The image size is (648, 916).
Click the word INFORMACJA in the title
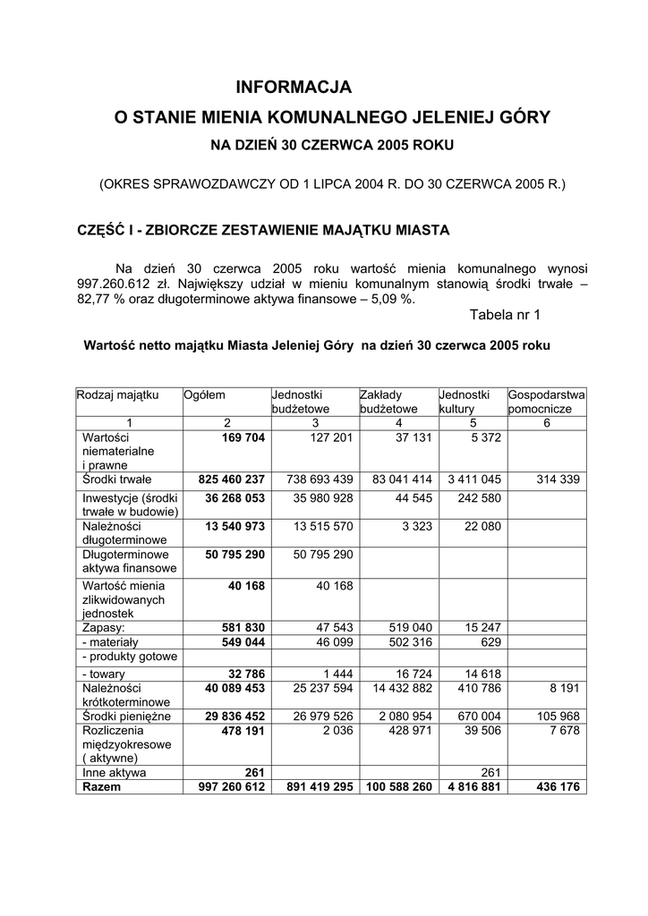pos(294,88)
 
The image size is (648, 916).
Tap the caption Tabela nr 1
pos(505,315)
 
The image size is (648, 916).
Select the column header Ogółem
pos(205,394)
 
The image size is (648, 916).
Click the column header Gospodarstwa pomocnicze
pos(546,402)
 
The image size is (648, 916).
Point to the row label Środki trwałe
pos(117,479)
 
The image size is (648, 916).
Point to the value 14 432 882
pos(397,688)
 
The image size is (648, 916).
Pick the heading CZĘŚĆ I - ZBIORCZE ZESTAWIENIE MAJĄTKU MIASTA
pos(264,230)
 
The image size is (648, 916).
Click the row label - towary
pos(103,674)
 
